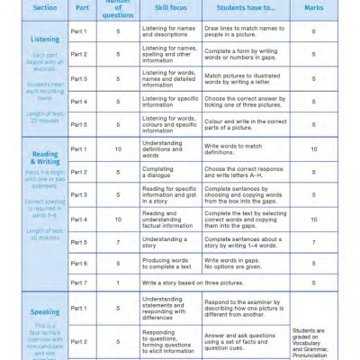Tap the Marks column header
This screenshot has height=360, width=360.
[x=313, y=9]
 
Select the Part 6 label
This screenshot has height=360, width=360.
[x=79, y=263]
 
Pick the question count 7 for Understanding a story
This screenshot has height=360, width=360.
[x=118, y=241]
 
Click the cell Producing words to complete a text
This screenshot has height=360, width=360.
[x=167, y=263]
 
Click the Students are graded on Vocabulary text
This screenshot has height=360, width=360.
[x=313, y=342]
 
